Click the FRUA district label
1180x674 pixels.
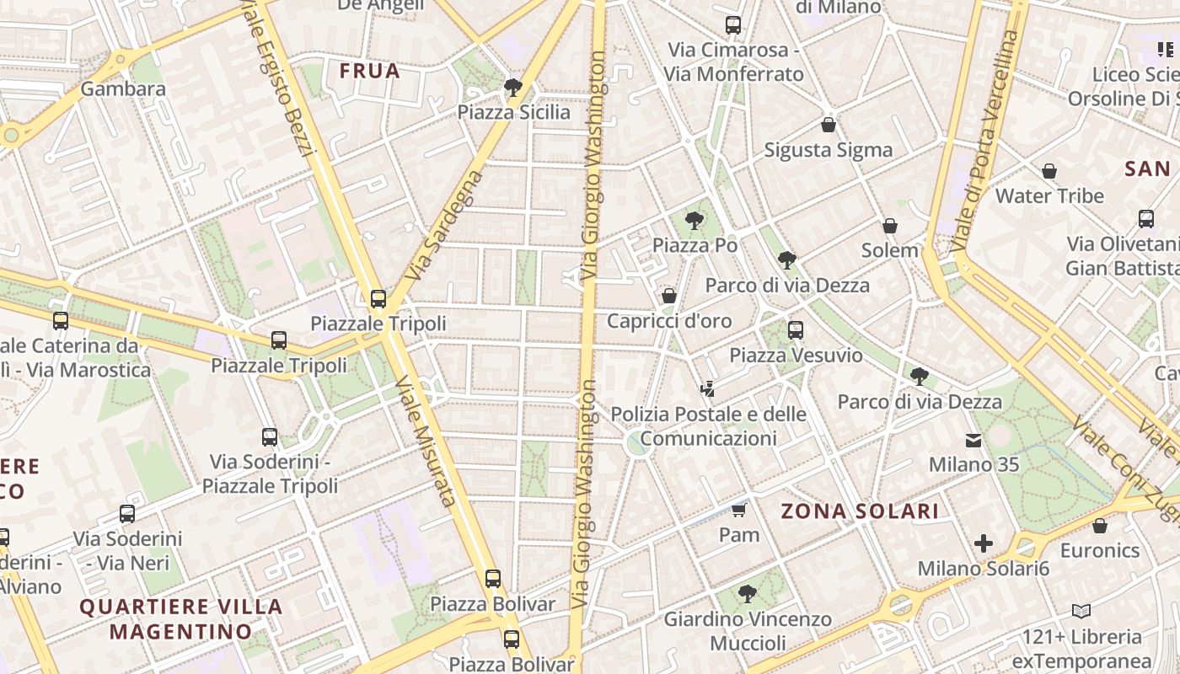369,71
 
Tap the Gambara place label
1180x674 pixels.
123,89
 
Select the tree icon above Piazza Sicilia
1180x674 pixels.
512,87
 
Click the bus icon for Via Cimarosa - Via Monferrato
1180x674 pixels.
732,25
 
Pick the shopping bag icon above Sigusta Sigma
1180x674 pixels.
829,126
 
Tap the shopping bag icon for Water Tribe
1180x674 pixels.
1049,172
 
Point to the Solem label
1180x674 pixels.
890,250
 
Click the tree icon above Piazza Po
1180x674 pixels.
695,221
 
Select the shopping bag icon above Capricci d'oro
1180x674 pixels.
669,296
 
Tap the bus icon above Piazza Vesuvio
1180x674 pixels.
796,330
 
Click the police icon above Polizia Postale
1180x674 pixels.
707,389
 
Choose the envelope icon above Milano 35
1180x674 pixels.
973,440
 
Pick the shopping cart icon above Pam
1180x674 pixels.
739,510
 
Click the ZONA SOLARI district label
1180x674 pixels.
860,511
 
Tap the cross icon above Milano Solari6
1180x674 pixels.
983,543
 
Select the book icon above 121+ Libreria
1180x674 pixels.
1081,611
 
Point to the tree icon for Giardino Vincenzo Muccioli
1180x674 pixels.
747,594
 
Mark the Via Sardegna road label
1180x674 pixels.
444,225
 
